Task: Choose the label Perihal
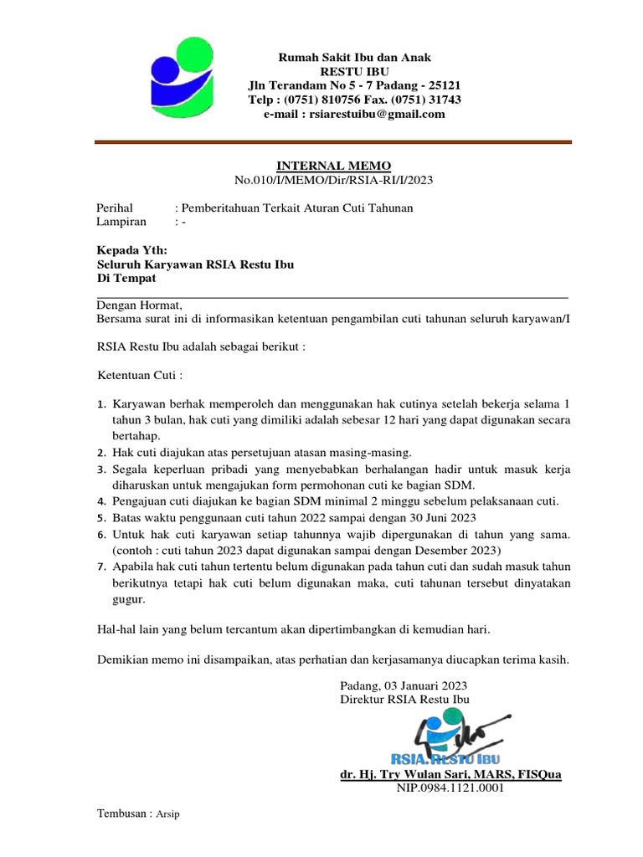[x=116, y=208]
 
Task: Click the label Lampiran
[x=122, y=222]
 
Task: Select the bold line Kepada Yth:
[x=132, y=249]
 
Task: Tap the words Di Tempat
[x=127, y=278]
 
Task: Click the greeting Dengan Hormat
[x=138, y=305]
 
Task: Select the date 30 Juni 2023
[x=452, y=517]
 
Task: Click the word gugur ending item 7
[x=129, y=599]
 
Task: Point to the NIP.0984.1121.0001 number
[x=450, y=788]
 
